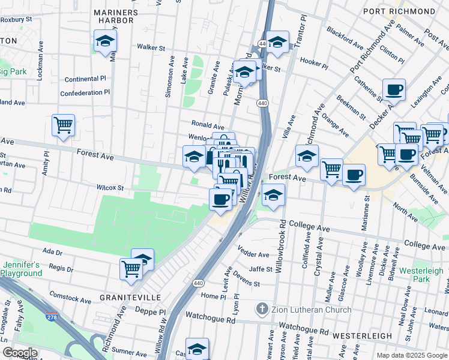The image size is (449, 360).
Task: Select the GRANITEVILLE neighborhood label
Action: click(x=122, y=298)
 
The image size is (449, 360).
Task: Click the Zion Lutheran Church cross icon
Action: click(x=262, y=310)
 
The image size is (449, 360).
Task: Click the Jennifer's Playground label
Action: click(x=22, y=269)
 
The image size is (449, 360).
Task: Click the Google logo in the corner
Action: click(x=20, y=352)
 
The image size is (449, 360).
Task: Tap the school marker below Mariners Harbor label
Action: click(x=105, y=41)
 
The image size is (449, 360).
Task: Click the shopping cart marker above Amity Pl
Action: click(x=63, y=125)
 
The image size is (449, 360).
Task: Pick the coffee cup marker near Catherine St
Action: click(x=394, y=90)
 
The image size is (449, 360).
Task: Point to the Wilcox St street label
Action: click(x=110, y=188)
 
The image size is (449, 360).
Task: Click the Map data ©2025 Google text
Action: click(x=411, y=355)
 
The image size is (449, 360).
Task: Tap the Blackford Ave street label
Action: click(x=345, y=37)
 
